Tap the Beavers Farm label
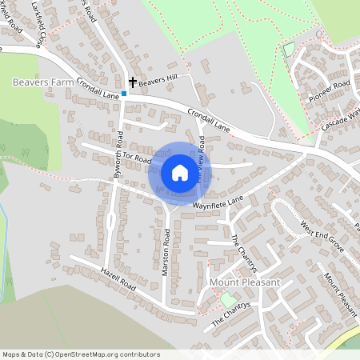tap(43, 82)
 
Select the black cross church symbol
tap(132, 82)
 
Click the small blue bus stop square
tap(124, 94)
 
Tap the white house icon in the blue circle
tap(179, 173)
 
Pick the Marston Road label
tap(166, 253)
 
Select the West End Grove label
tap(322, 237)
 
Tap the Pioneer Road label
tap(330, 90)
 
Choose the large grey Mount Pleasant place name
tap(245, 282)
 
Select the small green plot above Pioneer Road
tap(289, 50)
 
